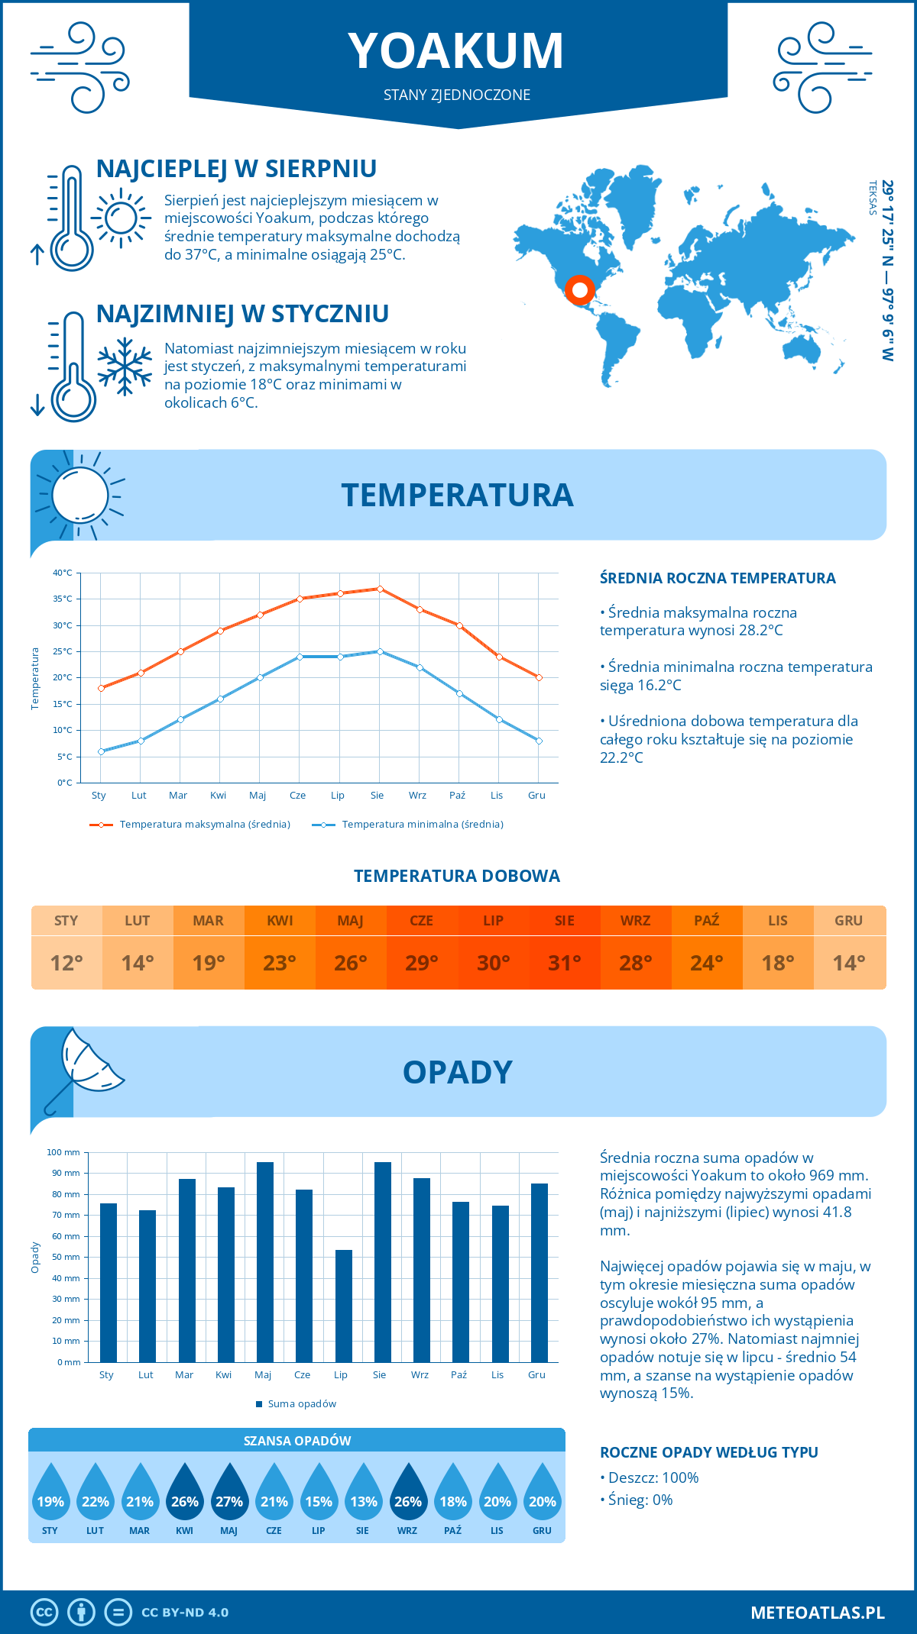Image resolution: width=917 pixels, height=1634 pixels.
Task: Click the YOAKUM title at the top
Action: click(456, 51)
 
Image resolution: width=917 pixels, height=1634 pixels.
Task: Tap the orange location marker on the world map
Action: click(580, 290)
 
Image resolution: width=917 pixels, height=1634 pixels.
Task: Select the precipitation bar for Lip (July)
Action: click(344, 1306)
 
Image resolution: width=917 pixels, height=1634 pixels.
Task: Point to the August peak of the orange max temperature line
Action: click(380, 589)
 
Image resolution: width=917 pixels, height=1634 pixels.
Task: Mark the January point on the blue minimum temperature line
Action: click(101, 751)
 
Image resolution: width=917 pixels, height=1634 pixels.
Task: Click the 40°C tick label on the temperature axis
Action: click(63, 573)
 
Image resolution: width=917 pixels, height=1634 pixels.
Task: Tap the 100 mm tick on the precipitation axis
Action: click(63, 1152)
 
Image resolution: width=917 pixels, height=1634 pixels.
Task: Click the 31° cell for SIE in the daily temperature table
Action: click(565, 963)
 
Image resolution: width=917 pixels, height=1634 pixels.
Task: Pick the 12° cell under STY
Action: click(66, 963)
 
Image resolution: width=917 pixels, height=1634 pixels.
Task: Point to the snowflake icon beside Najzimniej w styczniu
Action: click(125, 367)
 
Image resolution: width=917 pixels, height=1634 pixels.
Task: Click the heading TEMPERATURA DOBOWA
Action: click(457, 877)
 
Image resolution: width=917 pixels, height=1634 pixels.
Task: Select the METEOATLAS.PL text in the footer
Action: click(818, 1613)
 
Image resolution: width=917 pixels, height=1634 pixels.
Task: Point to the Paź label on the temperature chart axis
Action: click(457, 796)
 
